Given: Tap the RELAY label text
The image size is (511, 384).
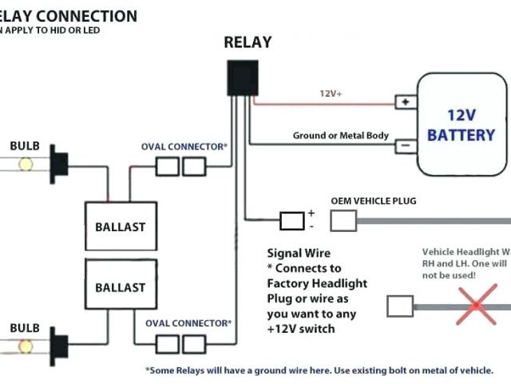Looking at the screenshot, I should click(248, 42).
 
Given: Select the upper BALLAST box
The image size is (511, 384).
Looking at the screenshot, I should click(121, 226).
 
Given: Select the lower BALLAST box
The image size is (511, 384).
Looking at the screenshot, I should click(121, 286).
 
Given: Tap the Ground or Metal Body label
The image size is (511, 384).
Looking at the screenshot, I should click(341, 135).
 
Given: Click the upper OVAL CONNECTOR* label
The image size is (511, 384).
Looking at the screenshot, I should click(184, 147).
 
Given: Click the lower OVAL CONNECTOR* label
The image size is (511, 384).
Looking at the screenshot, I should click(188, 323).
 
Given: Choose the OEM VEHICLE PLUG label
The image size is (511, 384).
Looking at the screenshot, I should click(374, 201).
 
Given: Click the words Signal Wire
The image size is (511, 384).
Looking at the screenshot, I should click(299, 254).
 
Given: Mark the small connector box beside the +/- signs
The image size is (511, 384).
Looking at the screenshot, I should click(291, 220).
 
